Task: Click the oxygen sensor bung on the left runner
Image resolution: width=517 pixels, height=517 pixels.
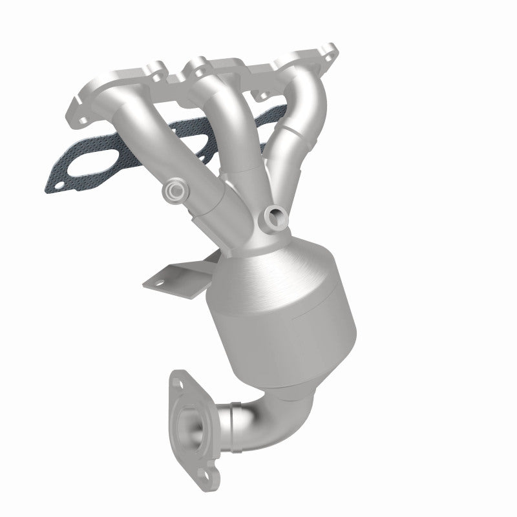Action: [174, 190]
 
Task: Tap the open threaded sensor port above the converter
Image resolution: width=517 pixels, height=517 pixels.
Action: [276, 215]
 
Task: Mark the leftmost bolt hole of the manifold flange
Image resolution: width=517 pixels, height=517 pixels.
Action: [82, 117]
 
